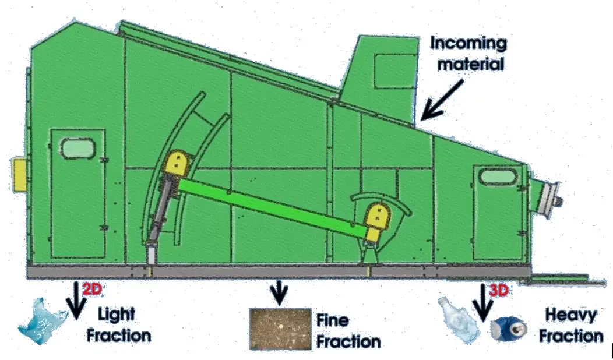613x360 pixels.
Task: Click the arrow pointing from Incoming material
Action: (x=443, y=99)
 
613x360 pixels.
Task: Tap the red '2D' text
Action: (x=91, y=288)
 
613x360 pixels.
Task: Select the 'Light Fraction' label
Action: (x=122, y=325)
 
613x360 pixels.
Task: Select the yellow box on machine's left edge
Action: (x=22, y=174)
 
